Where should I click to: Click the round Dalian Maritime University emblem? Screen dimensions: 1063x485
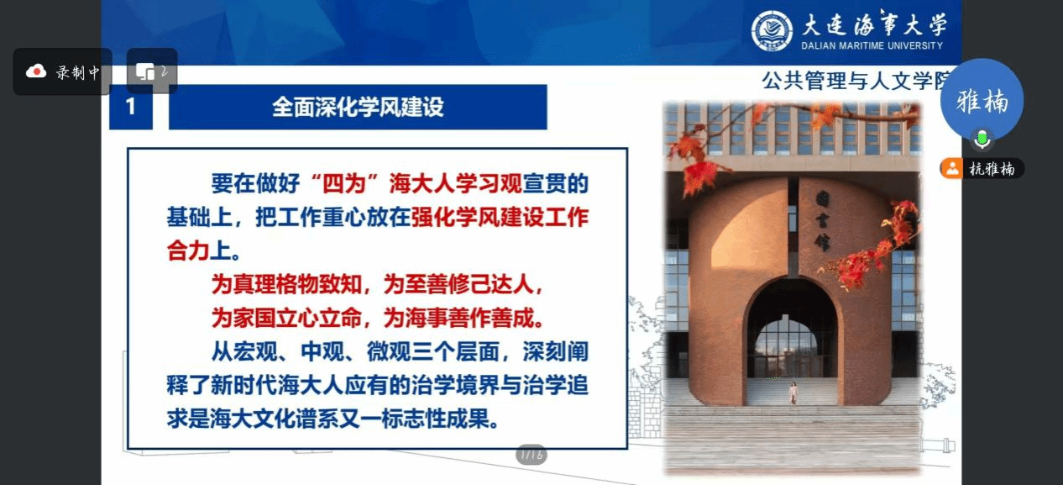(772, 31)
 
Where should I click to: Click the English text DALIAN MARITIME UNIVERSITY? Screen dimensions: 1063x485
(872, 46)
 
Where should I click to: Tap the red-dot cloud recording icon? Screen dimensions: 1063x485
(36, 71)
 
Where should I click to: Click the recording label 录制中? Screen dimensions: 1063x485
(78, 72)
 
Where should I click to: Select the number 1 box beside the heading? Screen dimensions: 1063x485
(131, 107)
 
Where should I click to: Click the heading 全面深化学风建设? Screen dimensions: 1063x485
(358, 107)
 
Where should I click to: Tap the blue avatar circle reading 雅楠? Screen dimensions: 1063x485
(982, 100)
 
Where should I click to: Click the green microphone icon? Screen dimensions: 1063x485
(982, 140)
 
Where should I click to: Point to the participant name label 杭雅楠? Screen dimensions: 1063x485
(992, 169)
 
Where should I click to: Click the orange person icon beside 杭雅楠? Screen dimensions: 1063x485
(952, 169)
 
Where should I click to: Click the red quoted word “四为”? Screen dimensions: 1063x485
(344, 183)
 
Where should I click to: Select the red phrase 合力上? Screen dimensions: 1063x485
(199, 250)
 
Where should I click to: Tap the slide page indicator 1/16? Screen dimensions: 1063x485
(531, 455)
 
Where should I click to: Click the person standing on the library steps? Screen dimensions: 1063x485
(793, 393)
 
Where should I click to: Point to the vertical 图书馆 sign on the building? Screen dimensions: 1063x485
(822, 220)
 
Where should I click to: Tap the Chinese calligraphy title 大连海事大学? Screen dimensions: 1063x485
(873, 24)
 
